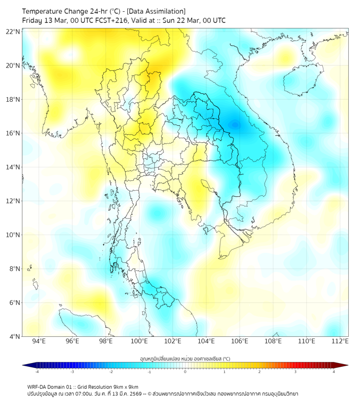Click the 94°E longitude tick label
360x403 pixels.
coord(39,341)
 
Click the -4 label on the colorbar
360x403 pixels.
coord(37,371)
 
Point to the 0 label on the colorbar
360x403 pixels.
coord(185,371)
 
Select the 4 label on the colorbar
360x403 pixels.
coord(333,371)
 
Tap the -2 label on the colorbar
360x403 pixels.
coord(111,371)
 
